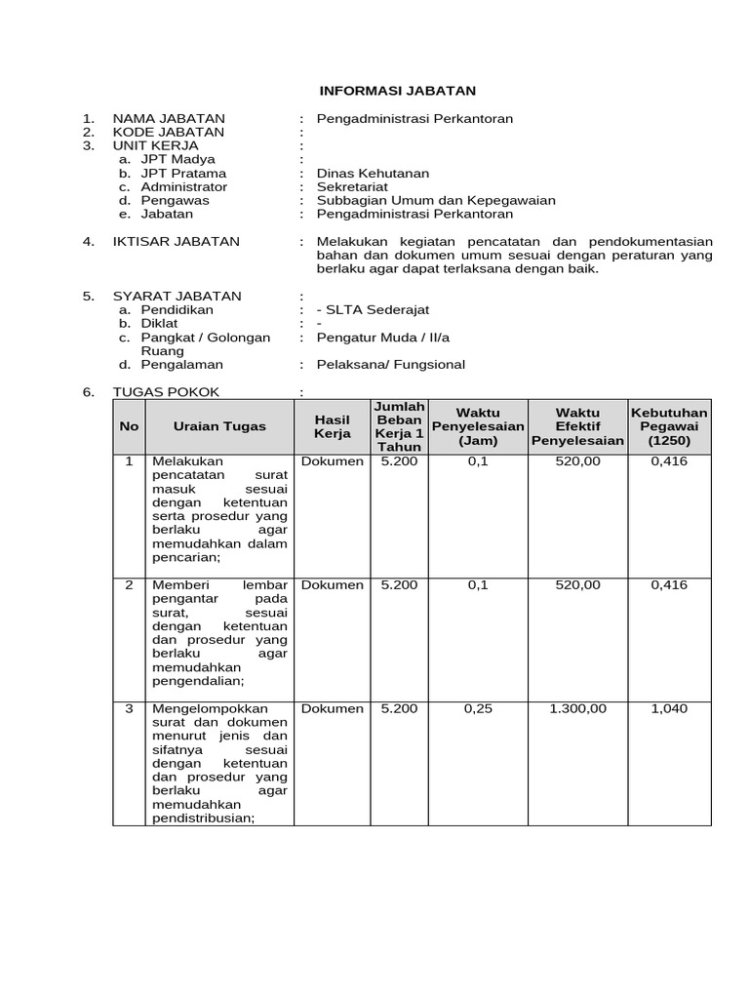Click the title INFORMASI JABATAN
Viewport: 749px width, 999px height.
click(x=398, y=91)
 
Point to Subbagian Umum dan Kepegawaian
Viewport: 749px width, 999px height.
click(x=436, y=200)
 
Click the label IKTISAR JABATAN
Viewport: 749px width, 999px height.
click(x=177, y=241)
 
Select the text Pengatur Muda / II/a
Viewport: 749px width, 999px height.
click(x=383, y=337)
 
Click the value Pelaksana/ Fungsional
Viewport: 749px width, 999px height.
click(x=391, y=364)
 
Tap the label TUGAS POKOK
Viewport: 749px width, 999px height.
click(x=167, y=391)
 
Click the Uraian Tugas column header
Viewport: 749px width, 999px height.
click(x=219, y=426)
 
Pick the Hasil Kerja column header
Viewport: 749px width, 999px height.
click(x=332, y=426)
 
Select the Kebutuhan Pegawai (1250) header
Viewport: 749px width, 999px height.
click(x=669, y=426)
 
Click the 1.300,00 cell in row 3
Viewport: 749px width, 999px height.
click(x=577, y=708)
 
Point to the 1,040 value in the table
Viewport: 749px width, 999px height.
click(x=669, y=708)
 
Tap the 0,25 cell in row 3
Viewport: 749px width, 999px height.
click(x=478, y=708)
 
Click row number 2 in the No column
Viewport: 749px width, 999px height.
click(x=129, y=584)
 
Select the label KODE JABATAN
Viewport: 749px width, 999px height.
click(x=169, y=132)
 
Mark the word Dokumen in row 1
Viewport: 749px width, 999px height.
click(x=333, y=460)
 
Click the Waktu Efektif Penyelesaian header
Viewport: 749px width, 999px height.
click(x=577, y=426)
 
